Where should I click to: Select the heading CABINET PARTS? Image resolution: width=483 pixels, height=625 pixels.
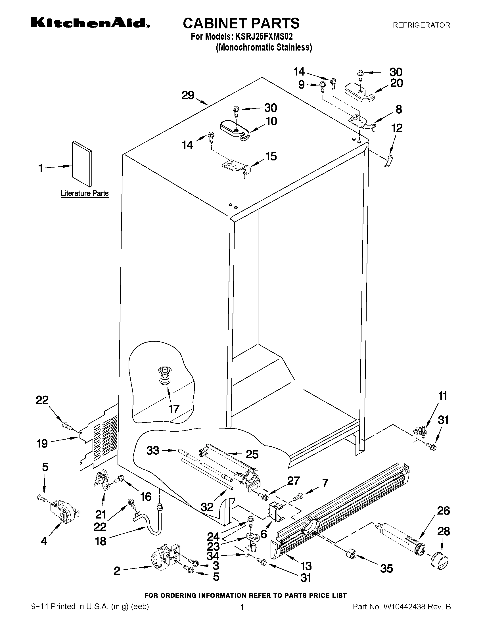[x=241, y=23]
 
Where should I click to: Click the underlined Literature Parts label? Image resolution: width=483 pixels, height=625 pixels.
[x=85, y=193]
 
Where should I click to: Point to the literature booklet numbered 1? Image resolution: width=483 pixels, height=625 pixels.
[x=82, y=164]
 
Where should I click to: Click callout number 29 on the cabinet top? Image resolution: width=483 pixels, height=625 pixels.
[x=188, y=95]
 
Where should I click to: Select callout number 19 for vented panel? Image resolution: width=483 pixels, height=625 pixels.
[x=42, y=444]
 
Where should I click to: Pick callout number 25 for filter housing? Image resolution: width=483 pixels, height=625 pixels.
[x=252, y=454]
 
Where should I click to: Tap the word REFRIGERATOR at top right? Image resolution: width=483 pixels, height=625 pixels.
[x=421, y=25]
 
